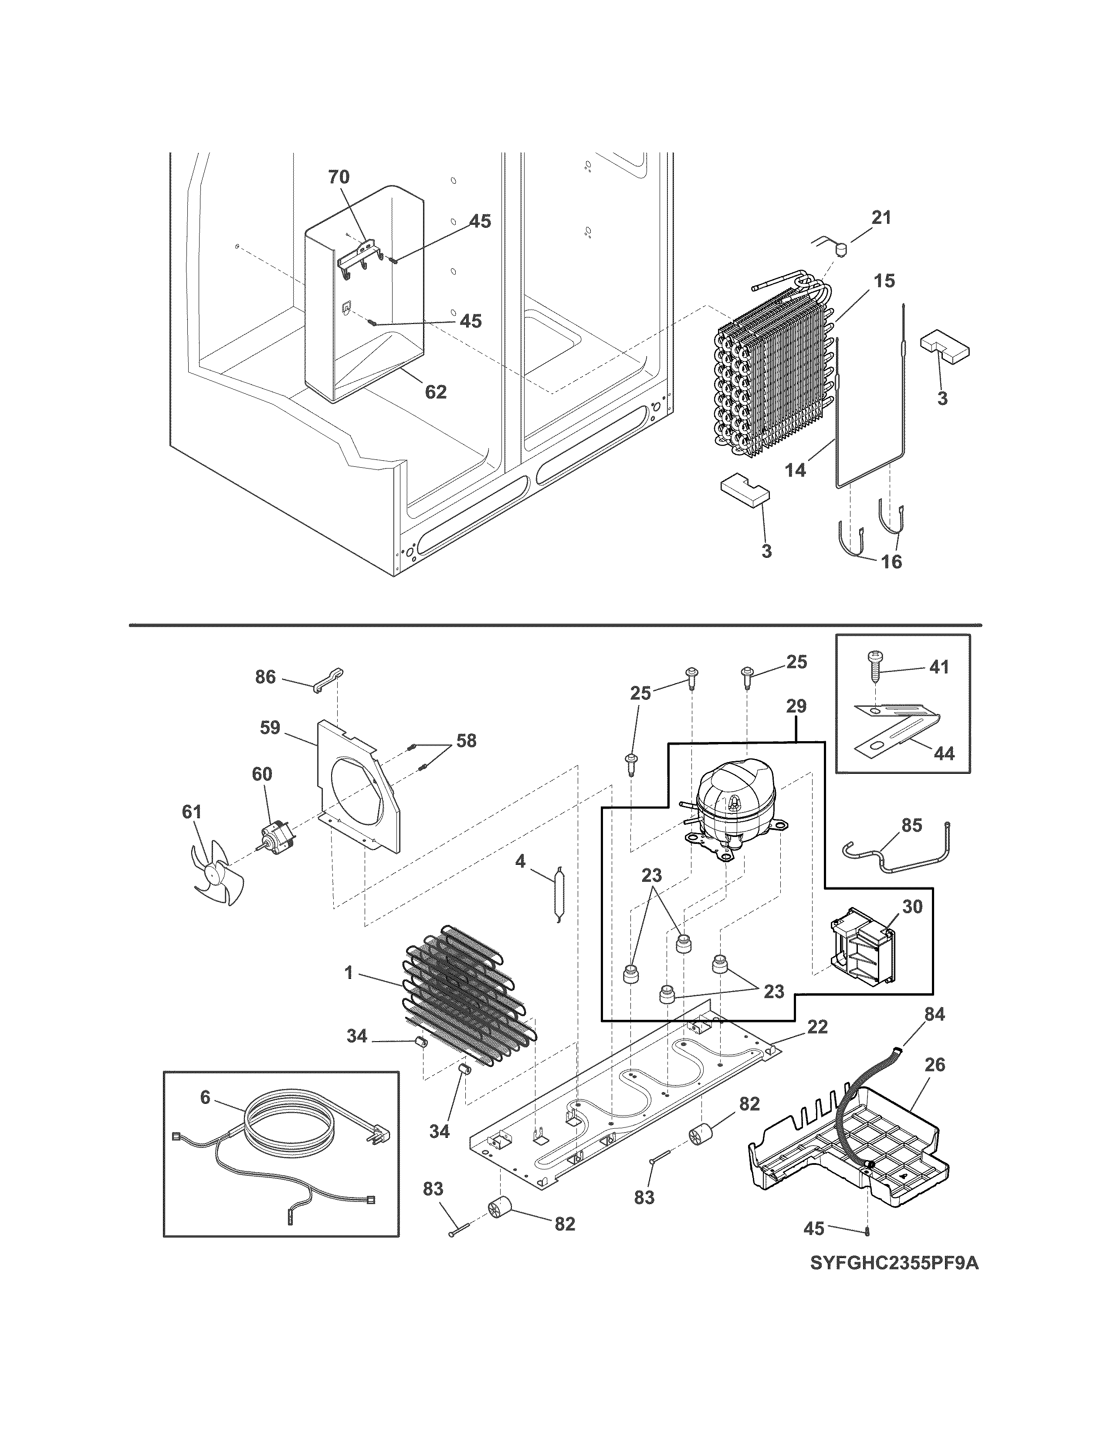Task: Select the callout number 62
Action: tap(436, 392)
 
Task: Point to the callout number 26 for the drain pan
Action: tap(935, 1065)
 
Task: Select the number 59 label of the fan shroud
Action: tap(270, 728)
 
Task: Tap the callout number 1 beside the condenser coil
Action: tap(349, 991)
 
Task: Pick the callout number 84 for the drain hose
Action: tap(935, 1015)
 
